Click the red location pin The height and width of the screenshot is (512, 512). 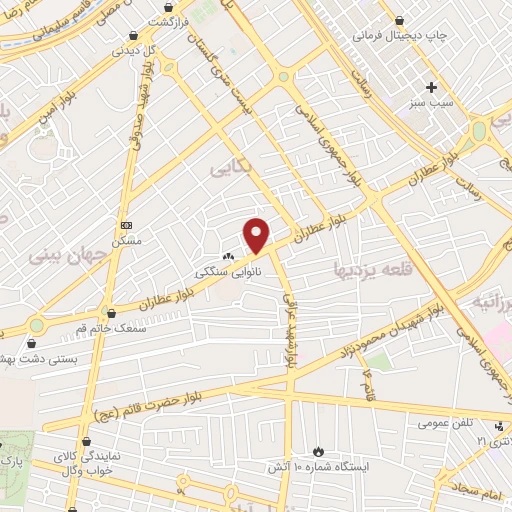pyautogui.click(x=257, y=235)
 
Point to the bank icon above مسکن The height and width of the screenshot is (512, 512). pyautogui.click(x=125, y=226)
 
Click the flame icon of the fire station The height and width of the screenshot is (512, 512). pyautogui.click(x=319, y=451)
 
